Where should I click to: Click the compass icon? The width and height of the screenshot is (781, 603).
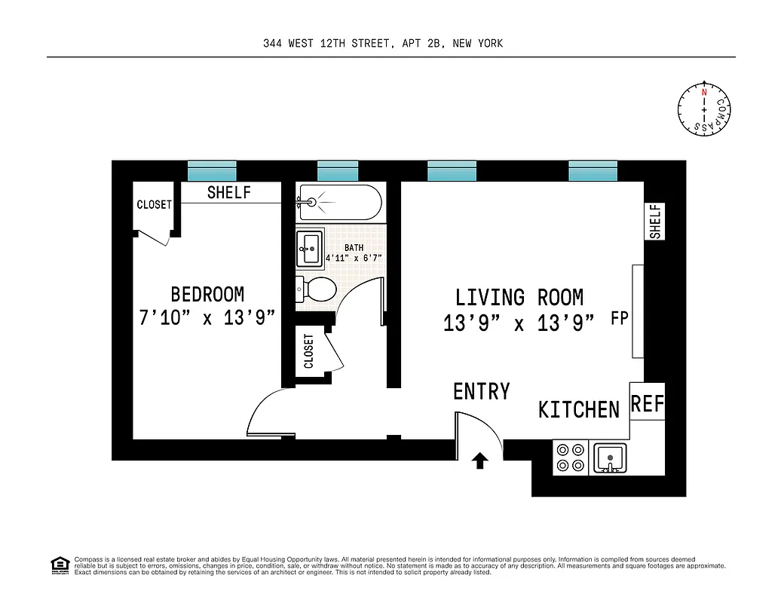coord(704,110)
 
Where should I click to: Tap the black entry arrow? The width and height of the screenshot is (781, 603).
coord(479,460)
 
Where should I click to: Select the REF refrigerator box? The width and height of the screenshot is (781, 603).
coord(647,405)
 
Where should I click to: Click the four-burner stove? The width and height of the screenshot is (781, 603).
coord(570,458)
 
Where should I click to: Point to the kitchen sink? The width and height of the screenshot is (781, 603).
coord(610,458)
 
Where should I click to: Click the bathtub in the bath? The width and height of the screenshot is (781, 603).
coord(339,202)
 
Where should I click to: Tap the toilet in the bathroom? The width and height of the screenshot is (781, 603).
coord(317,289)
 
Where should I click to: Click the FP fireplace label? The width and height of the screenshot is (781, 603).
coord(620,318)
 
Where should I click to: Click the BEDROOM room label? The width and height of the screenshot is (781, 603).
coord(207,294)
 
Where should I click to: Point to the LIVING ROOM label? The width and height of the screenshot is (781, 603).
coord(519,297)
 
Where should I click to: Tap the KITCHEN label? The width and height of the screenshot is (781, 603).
coord(578,410)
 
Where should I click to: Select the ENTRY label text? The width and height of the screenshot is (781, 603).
coord(481,392)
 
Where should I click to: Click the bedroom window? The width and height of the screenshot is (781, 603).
coord(212,171)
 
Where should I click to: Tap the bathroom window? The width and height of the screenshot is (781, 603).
coord(337,171)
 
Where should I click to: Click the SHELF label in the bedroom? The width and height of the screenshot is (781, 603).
coord(228,193)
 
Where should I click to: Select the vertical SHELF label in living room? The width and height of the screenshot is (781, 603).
coord(654,222)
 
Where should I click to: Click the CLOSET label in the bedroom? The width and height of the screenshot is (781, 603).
coord(154,205)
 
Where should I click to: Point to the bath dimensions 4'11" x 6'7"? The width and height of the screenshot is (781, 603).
coord(354,258)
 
